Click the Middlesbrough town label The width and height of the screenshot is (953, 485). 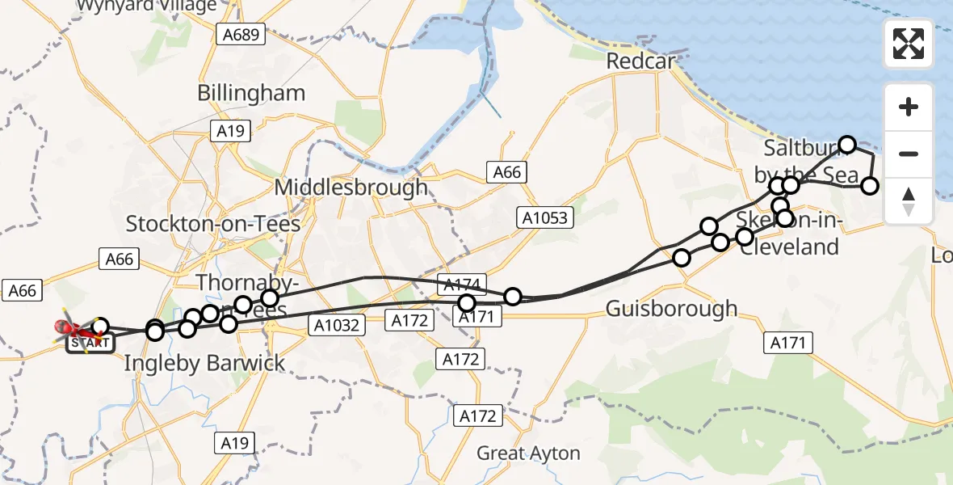coord(351,188)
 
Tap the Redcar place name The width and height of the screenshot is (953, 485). coord(640,61)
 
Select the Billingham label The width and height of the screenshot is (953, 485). coord(251,93)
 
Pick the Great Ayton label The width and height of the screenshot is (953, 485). coord(528,453)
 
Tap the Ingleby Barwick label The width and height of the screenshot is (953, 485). coord(204,363)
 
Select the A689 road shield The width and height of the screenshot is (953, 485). coord(241,34)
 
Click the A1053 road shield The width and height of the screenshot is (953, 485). coord(547,217)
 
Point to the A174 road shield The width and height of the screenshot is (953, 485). coord(463,284)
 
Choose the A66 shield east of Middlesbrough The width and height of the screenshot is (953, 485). coord(507,172)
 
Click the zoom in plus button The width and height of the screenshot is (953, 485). coord(909,107)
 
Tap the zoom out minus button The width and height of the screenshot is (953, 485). coord(909,154)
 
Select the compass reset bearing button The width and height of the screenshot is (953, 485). coord(909,200)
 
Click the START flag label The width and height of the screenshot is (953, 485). coord(88,343)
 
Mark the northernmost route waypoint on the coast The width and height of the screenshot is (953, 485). coord(846,145)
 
